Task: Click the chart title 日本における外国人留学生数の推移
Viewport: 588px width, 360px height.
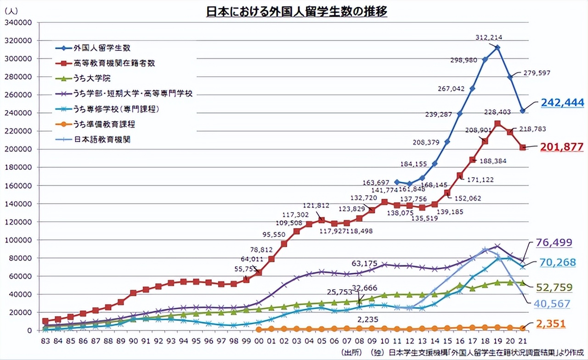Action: point(296,11)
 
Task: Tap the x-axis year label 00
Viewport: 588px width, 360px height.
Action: point(259,342)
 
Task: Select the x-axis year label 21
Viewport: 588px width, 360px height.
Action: point(523,342)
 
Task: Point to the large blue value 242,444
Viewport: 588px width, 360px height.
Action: point(562,102)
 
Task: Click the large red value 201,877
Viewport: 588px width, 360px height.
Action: point(562,147)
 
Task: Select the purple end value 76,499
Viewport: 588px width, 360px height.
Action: point(554,243)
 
